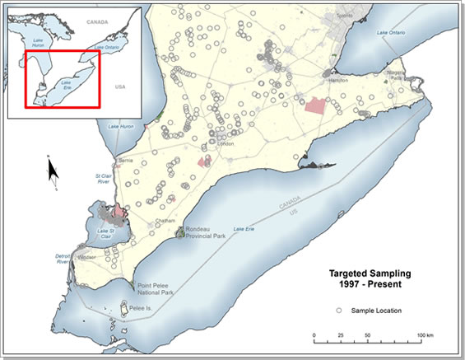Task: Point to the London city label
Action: (x=226, y=144)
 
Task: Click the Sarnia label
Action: (x=126, y=159)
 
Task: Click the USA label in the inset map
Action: (x=122, y=86)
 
